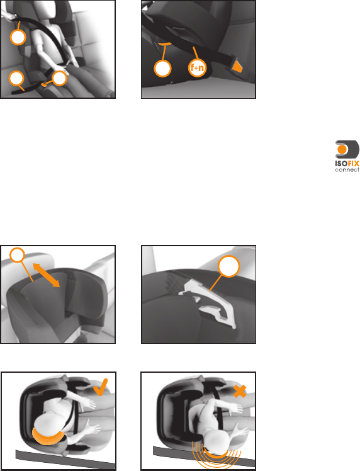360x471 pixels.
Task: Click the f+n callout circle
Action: coord(197,68)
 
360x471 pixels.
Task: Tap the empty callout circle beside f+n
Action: coord(162,69)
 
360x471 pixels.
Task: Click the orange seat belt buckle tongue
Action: coord(237,67)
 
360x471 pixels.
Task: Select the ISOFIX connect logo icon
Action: coord(347,149)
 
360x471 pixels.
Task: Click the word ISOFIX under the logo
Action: coord(347,164)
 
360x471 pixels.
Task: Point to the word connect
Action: coord(347,170)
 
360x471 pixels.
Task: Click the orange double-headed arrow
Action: coord(46,275)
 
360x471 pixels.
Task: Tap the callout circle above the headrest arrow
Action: coord(18,255)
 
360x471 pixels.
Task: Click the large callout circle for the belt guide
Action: coord(229,266)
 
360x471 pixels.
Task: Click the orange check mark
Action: coord(101,387)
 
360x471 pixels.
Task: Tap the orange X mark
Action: coord(240,392)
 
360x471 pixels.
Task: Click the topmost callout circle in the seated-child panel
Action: coord(18,37)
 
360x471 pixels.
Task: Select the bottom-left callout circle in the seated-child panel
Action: coord(16,79)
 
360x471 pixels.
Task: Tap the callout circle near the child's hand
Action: coord(59,79)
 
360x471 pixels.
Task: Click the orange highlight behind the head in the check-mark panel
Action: coord(48,438)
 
